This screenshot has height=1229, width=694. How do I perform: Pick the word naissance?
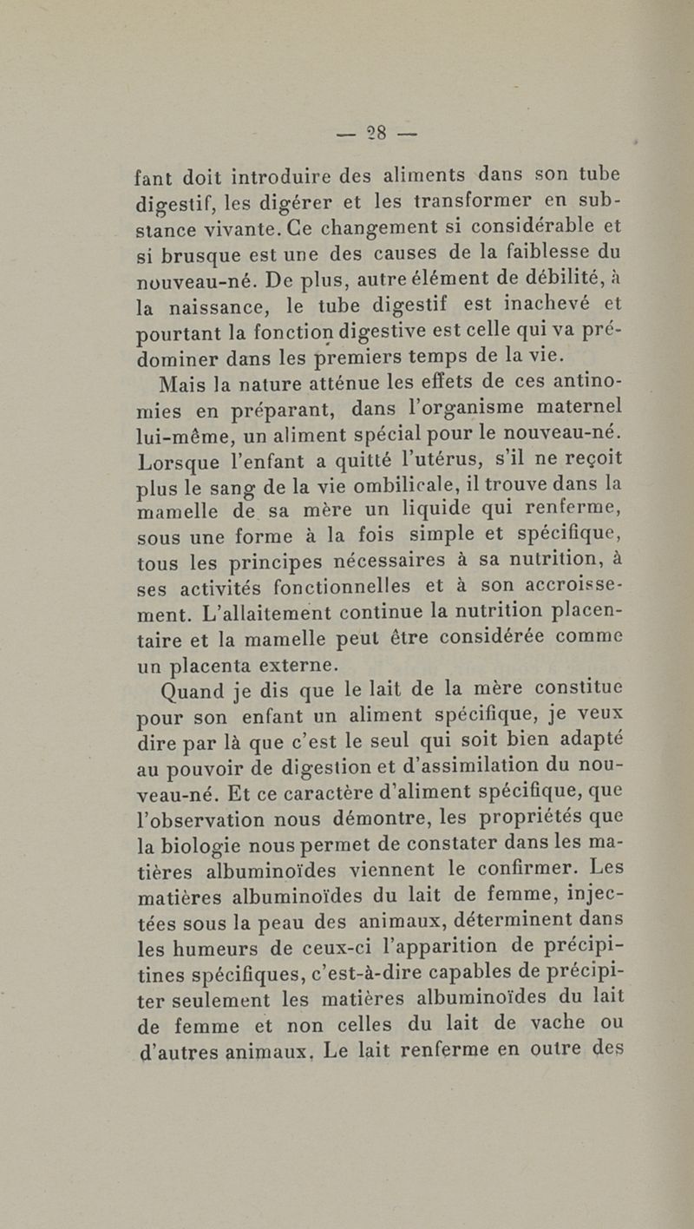220,306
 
